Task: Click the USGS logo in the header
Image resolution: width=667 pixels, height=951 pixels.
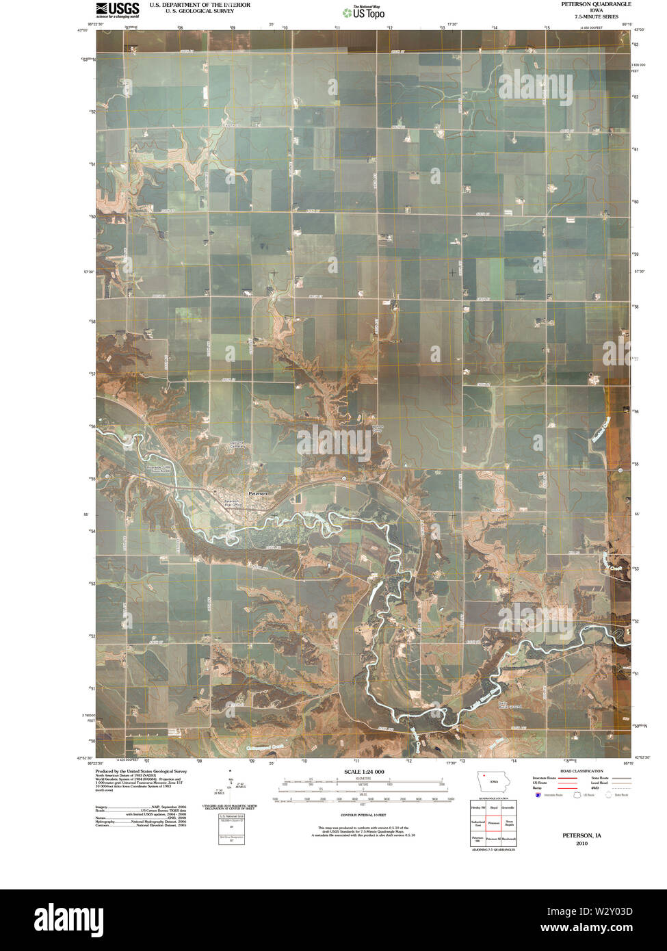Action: click(118, 10)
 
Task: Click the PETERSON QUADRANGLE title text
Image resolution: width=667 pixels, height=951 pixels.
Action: click(592, 4)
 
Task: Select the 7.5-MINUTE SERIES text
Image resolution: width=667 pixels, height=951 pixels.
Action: click(592, 16)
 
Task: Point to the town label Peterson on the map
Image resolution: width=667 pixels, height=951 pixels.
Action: click(258, 493)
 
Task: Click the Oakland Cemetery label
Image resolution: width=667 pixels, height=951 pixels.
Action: click(237, 443)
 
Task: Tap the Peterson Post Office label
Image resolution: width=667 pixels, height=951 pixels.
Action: click(236, 501)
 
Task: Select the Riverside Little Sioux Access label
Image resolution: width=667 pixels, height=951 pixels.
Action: click(159, 469)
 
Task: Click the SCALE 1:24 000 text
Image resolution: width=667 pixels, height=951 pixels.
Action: click(364, 772)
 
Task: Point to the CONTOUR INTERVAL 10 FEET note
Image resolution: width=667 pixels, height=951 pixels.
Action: click(364, 816)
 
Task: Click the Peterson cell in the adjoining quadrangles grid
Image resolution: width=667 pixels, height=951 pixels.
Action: click(493, 823)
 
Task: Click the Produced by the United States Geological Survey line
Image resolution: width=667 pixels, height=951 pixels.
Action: click(141, 770)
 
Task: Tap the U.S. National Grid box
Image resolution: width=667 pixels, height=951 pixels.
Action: click(231, 829)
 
